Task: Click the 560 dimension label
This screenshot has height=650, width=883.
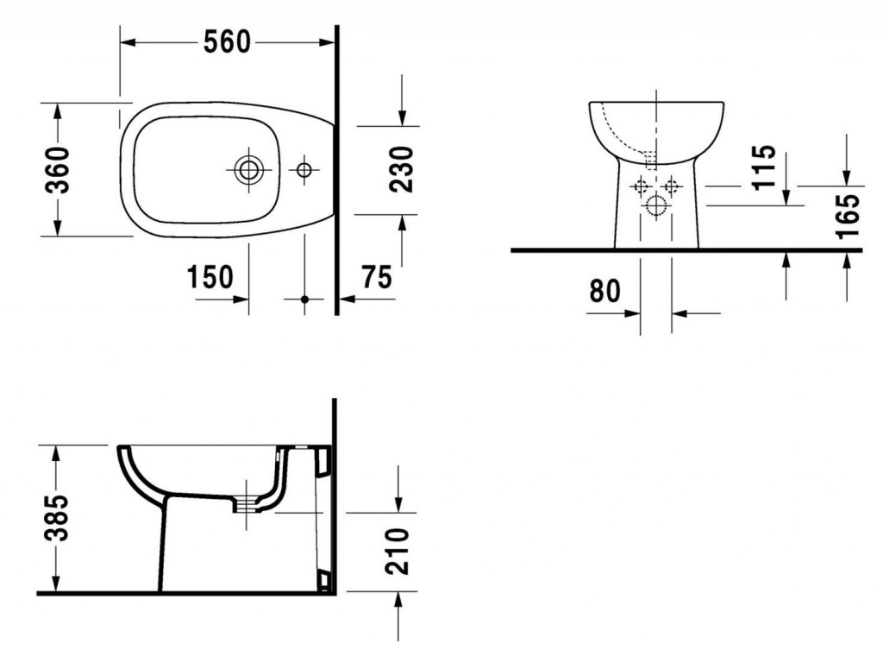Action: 227,41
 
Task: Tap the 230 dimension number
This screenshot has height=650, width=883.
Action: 402,169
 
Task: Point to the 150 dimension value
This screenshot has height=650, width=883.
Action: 210,277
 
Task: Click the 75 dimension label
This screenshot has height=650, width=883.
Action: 376,277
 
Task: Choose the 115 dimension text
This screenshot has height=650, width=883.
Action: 762,168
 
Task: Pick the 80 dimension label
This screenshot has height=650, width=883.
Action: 604,291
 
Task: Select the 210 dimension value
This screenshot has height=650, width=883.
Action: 398,550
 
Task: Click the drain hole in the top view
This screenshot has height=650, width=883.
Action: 249,169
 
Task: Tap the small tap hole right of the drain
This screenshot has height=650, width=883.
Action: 304,169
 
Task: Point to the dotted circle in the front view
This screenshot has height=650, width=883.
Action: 656,205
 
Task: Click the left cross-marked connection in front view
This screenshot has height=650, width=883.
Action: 641,185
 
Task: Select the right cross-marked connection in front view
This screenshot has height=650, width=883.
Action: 671,185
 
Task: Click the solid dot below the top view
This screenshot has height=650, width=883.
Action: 304,300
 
